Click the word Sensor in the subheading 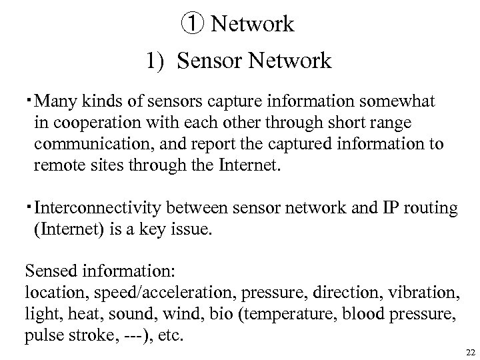(208, 61)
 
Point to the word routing (430, 209)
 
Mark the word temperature (285, 314)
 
